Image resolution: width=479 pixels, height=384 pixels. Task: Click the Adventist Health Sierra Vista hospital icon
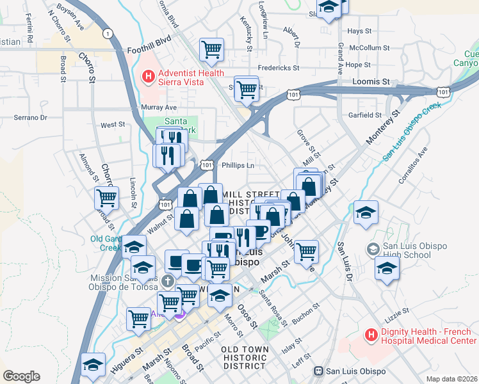[149, 77]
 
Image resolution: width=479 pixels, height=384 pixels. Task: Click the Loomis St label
[371, 82]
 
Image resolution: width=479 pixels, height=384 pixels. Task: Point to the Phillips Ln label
[238, 165]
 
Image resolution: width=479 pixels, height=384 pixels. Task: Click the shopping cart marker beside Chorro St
[106, 198]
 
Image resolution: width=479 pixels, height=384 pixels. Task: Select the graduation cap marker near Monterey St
[366, 213]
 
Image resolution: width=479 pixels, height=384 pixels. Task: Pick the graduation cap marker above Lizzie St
[387, 269]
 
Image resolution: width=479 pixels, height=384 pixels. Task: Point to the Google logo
[21, 376]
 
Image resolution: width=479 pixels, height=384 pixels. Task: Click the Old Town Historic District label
[243, 357]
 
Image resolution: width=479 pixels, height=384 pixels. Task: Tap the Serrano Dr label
[31, 118]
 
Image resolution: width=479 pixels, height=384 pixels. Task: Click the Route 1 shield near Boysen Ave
[108, 33]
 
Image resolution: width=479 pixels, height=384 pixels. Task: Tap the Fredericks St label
[279, 67]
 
